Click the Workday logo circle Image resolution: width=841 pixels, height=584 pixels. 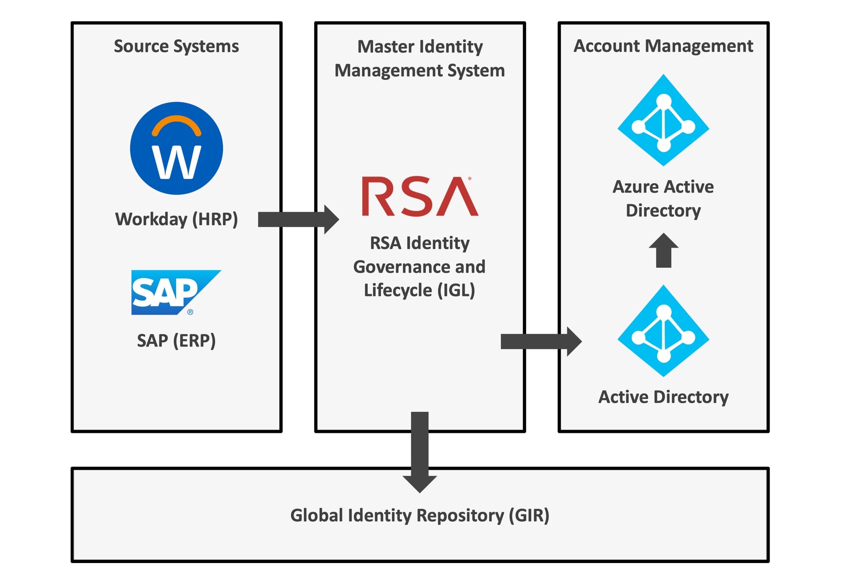click(176, 148)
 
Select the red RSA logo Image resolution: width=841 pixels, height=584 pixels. click(420, 196)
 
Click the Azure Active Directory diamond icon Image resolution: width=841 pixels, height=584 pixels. click(663, 120)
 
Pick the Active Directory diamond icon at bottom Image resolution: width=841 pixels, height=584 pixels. click(663, 331)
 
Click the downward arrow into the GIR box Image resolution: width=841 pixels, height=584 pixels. click(420, 452)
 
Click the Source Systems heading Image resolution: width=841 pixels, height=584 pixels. click(176, 46)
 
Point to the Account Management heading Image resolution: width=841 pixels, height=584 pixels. click(663, 46)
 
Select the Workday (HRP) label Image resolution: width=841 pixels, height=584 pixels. click(176, 219)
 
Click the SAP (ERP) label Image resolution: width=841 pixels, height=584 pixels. click(176, 340)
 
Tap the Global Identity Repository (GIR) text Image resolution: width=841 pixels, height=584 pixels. click(420, 515)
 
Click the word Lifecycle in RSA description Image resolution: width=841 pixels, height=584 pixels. click(398, 290)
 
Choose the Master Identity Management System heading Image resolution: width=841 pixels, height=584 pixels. click(420, 58)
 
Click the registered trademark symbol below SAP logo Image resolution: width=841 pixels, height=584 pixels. click(190, 312)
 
